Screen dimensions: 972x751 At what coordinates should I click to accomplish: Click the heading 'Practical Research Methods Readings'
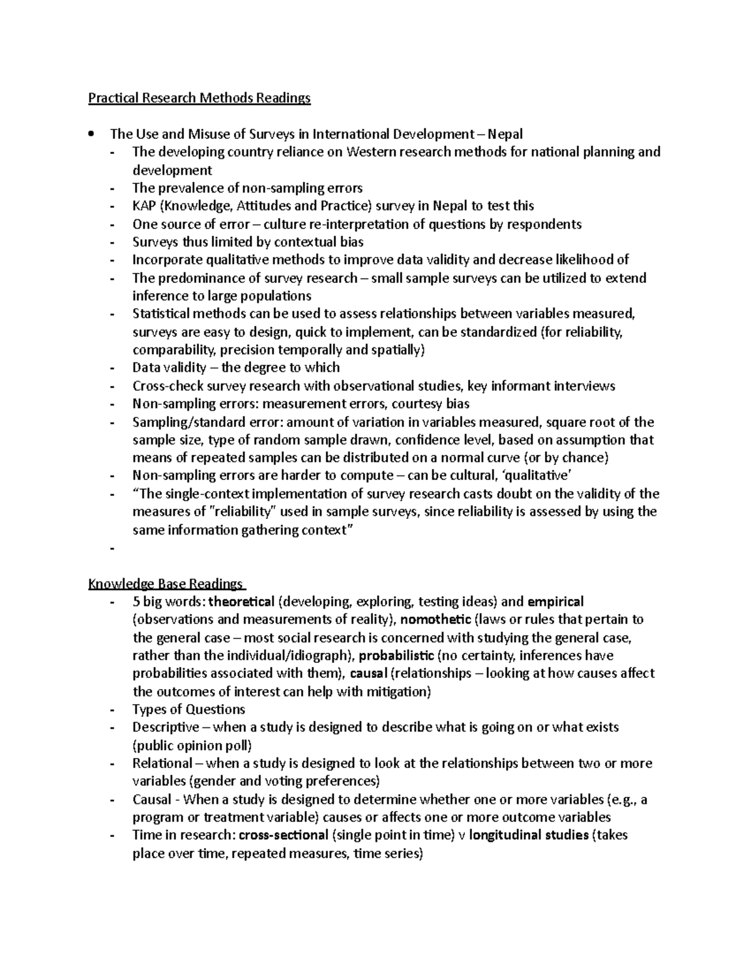coord(199,98)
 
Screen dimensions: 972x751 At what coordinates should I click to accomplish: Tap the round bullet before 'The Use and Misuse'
coord(91,133)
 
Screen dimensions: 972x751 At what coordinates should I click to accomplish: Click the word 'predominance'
coord(197,278)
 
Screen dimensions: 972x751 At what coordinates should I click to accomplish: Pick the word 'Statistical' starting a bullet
coord(161,314)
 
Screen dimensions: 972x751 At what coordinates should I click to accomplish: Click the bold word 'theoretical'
coord(242,601)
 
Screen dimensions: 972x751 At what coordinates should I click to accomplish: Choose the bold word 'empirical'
coord(555,601)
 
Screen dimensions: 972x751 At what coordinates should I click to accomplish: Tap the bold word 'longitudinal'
coord(504,835)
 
